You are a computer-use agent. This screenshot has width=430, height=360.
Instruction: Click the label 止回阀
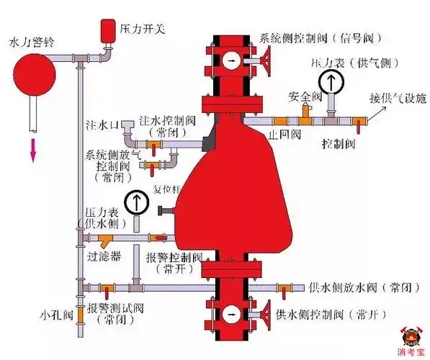pos(278,134)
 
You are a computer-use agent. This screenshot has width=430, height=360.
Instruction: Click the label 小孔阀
pos(56,315)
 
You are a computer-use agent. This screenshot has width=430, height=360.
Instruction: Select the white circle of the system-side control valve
pos(231,60)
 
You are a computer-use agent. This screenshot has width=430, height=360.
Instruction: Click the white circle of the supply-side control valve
pos(231,315)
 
